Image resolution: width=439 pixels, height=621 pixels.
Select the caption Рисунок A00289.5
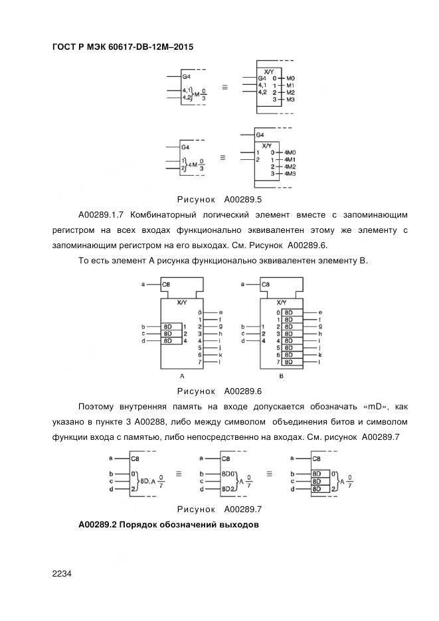[220, 198]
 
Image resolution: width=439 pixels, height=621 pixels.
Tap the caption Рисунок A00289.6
[220, 391]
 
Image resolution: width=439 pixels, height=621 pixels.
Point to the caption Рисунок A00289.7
[220, 510]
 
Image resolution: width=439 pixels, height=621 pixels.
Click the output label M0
[291, 78]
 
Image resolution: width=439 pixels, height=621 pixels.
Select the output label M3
[291, 99]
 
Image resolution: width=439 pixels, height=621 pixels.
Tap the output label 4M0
[290, 153]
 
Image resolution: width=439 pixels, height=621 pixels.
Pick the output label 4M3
[290, 173]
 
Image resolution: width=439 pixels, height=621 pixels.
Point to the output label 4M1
[290, 160]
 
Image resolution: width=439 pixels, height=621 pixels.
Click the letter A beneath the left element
[181, 376]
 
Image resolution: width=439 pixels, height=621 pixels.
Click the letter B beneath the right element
[281, 376]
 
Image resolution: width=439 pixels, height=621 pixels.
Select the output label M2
[291, 92]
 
